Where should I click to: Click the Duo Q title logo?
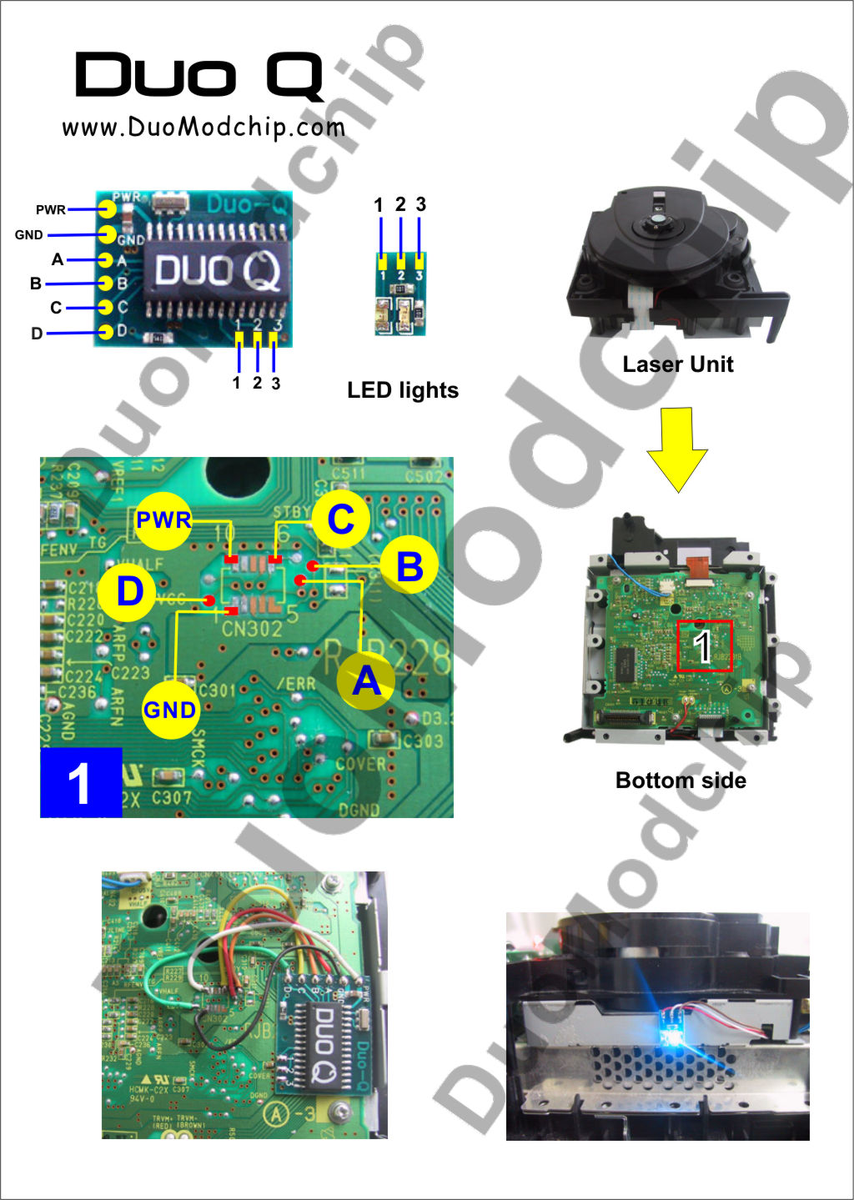click(x=198, y=76)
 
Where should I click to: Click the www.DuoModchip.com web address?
click(x=203, y=128)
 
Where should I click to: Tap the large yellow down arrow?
click(x=677, y=449)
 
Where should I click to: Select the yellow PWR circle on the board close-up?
click(x=163, y=520)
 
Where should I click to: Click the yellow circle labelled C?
click(x=341, y=519)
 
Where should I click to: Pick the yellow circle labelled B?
click(x=409, y=566)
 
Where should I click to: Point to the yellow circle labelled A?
click(x=366, y=680)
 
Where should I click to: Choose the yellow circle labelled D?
click(x=128, y=591)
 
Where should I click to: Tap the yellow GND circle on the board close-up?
click(x=169, y=710)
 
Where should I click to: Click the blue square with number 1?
click(x=81, y=782)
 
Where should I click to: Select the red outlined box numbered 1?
click(x=705, y=645)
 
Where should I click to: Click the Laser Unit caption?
click(x=677, y=364)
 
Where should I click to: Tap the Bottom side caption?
click(x=681, y=781)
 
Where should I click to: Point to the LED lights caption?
click(x=403, y=390)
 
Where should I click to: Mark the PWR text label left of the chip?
click(x=50, y=209)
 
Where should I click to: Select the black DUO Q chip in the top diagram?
click(x=219, y=269)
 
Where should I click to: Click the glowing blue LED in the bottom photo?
click(x=671, y=1034)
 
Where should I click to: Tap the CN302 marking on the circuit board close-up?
click(x=251, y=629)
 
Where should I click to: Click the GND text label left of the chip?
click(x=28, y=235)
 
